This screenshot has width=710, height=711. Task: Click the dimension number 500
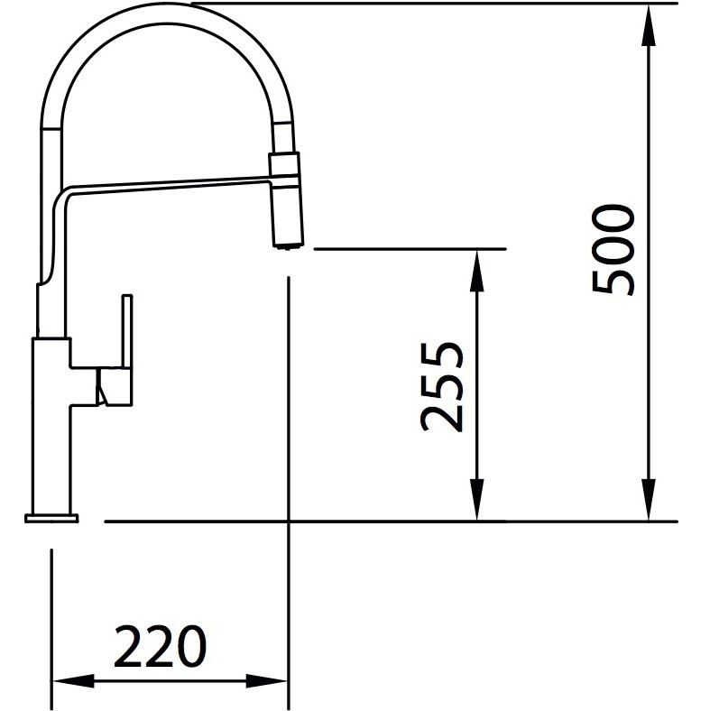coord(613,250)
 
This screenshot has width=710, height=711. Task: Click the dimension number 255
coord(444,386)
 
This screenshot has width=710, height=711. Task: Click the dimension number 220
coord(161,645)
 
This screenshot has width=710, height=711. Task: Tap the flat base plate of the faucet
coord(51,518)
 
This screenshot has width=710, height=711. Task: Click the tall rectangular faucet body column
coord(51,424)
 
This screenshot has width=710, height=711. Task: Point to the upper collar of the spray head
coord(286,167)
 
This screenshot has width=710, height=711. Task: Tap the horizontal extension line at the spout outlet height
coord(410,247)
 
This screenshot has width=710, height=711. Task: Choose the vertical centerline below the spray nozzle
coord(287,406)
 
